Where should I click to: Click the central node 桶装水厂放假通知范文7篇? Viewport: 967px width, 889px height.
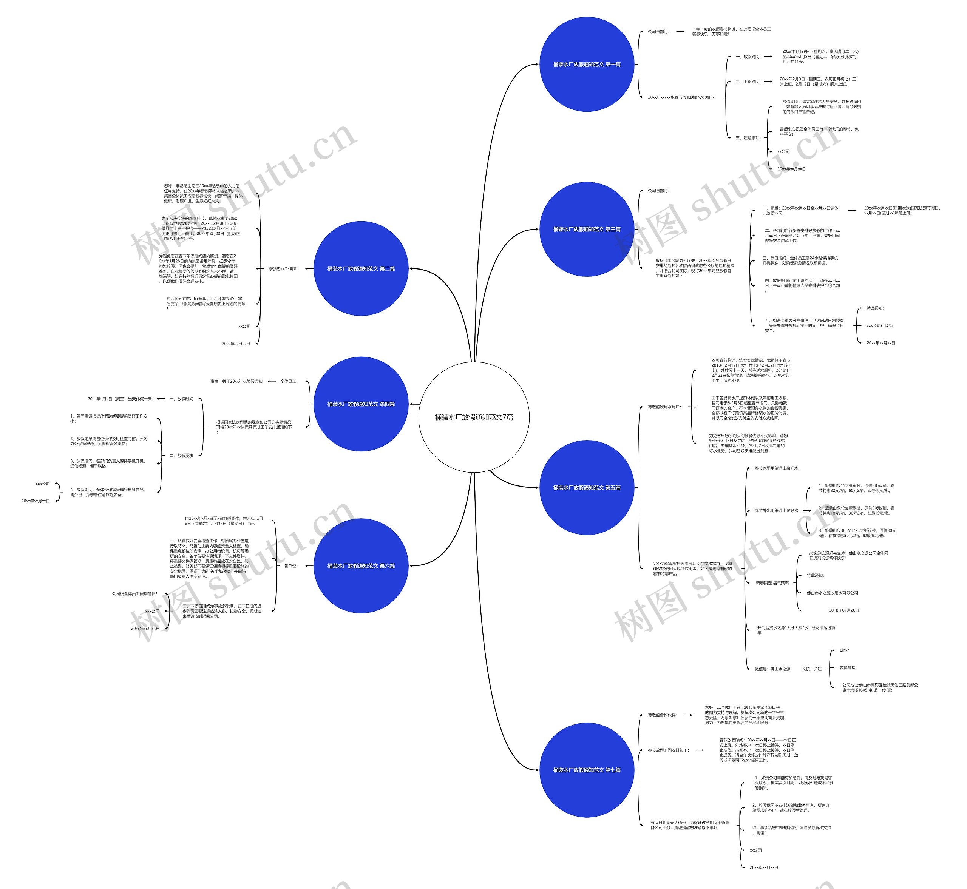(474, 417)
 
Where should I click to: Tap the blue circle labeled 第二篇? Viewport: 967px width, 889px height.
(361, 268)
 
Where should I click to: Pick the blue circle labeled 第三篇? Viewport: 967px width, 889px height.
(586, 230)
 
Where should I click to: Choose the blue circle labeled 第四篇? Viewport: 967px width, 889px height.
(361, 404)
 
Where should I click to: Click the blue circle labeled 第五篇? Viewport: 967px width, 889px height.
(586, 488)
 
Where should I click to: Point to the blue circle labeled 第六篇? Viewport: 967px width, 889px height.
(361, 566)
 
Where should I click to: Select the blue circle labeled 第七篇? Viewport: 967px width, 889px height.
(586, 770)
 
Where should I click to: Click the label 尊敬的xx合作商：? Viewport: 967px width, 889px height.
(283, 269)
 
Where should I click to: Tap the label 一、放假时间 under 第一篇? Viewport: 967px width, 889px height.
(747, 57)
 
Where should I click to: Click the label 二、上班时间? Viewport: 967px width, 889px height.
(747, 82)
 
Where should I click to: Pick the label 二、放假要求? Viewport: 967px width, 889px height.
(181, 456)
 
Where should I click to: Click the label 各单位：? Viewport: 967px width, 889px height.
(291, 566)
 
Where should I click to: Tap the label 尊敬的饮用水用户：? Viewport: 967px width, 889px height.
(664, 407)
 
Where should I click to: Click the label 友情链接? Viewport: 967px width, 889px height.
(847, 668)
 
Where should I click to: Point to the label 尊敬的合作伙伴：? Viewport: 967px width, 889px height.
(662, 715)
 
